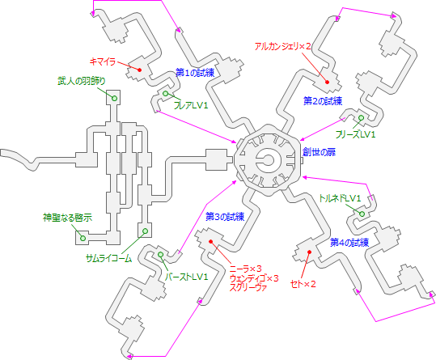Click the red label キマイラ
(104, 60)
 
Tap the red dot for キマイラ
(139, 70)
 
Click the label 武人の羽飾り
(80, 82)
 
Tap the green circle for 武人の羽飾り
(114, 99)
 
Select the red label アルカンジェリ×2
(282, 47)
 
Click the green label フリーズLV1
(357, 133)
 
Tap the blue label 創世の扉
(318, 152)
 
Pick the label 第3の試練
(224, 216)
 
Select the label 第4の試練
(349, 242)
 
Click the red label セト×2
(303, 283)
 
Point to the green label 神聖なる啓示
(67, 217)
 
